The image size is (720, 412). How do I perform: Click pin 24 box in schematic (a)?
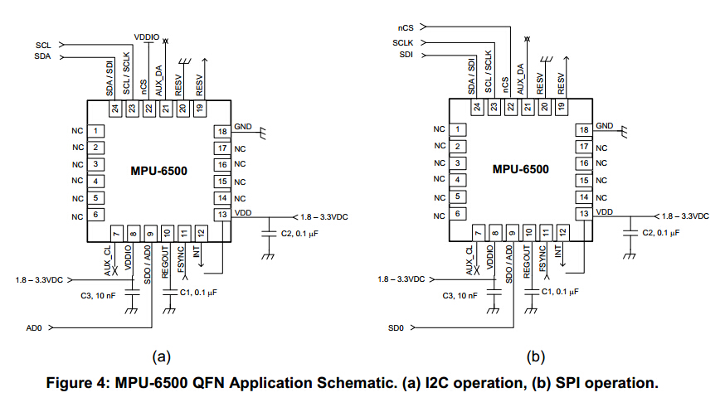tap(114, 108)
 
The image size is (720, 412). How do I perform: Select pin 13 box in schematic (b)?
tap(584, 214)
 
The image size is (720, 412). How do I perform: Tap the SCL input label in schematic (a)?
tap(43, 45)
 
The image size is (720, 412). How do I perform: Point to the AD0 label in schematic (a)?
tap(34, 328)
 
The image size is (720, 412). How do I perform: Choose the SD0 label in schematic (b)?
tap(396, 328)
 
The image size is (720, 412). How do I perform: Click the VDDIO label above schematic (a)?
tap(147, 37)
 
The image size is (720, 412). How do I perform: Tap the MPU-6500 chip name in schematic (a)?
tap(158, 171)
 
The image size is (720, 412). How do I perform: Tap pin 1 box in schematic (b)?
tap(458, 130)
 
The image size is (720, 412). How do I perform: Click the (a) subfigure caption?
tap(161, 357)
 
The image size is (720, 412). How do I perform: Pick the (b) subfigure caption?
tap(536, 357)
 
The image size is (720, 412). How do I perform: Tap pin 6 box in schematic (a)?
tap(96, 215)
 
